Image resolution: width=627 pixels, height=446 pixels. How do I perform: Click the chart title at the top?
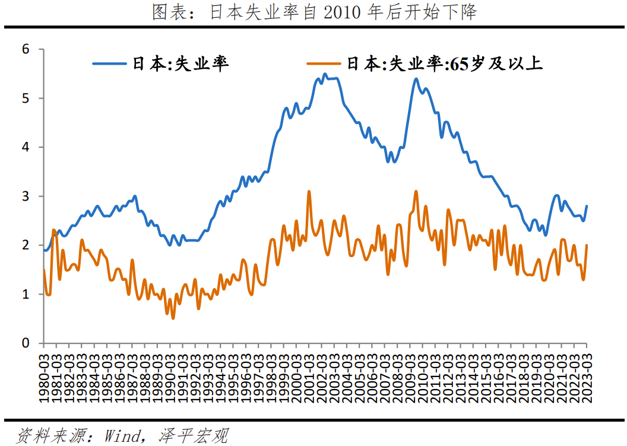(x=314, y=12)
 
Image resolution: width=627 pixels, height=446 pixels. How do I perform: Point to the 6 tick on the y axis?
(x=26, y=49)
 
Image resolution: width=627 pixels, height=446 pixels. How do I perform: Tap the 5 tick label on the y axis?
(x=26, y=98)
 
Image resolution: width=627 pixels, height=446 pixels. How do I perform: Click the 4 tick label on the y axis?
(x=26, y=147)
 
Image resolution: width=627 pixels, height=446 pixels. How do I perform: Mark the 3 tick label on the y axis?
(x=26, y=196)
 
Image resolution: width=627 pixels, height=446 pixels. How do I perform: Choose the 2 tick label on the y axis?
(x=26, y=245)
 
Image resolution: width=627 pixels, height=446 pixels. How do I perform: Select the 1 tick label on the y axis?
(x=26, y=294)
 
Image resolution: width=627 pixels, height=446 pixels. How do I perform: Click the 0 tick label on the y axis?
(x=26, y=343)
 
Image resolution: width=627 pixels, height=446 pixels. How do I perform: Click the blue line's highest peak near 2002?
(x=324, y=74)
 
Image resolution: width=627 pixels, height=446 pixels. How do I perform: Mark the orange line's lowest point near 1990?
(x=173, y=319)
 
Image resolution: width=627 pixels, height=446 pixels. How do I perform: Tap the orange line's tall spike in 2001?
(x=309, y=191)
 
